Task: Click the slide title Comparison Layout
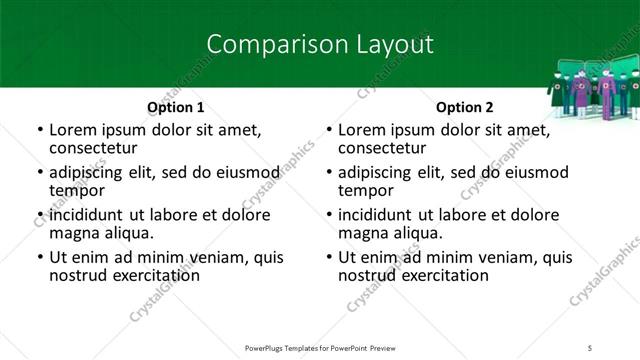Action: point(319,44)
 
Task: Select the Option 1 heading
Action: point(175,107)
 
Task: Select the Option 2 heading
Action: point(464,107)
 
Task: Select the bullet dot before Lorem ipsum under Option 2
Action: point(328,130)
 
